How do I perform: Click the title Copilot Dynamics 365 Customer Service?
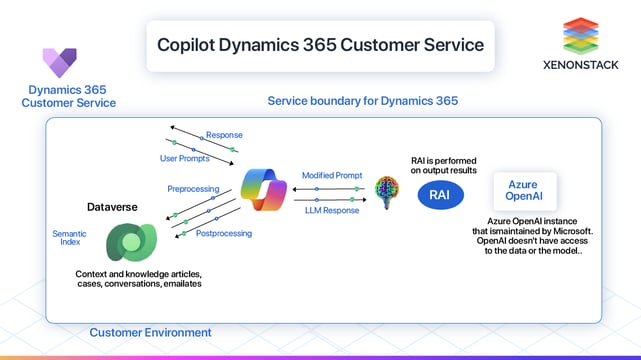coord(320,45)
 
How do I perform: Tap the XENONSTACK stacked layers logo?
coord(579,36)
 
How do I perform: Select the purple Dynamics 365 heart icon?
coord(60,63)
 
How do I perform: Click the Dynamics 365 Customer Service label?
coord(69,96)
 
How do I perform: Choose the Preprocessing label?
coord(193,188)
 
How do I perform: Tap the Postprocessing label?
coord(224,233)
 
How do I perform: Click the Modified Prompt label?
coord(331,175)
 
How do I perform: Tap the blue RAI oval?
coord(439,195)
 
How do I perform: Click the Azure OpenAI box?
coord(523,190)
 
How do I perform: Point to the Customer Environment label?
coord(150,332)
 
